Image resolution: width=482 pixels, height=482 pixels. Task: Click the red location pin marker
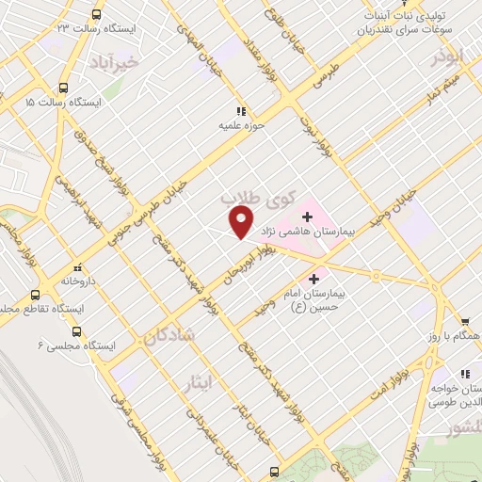[x=242, y=222]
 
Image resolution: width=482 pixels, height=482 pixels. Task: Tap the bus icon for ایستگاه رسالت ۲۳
[x=97, y=14]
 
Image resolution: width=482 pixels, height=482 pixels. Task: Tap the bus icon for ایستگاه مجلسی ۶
[x=76, y=331]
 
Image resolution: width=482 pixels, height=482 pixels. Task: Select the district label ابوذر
[x=449, y=56]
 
